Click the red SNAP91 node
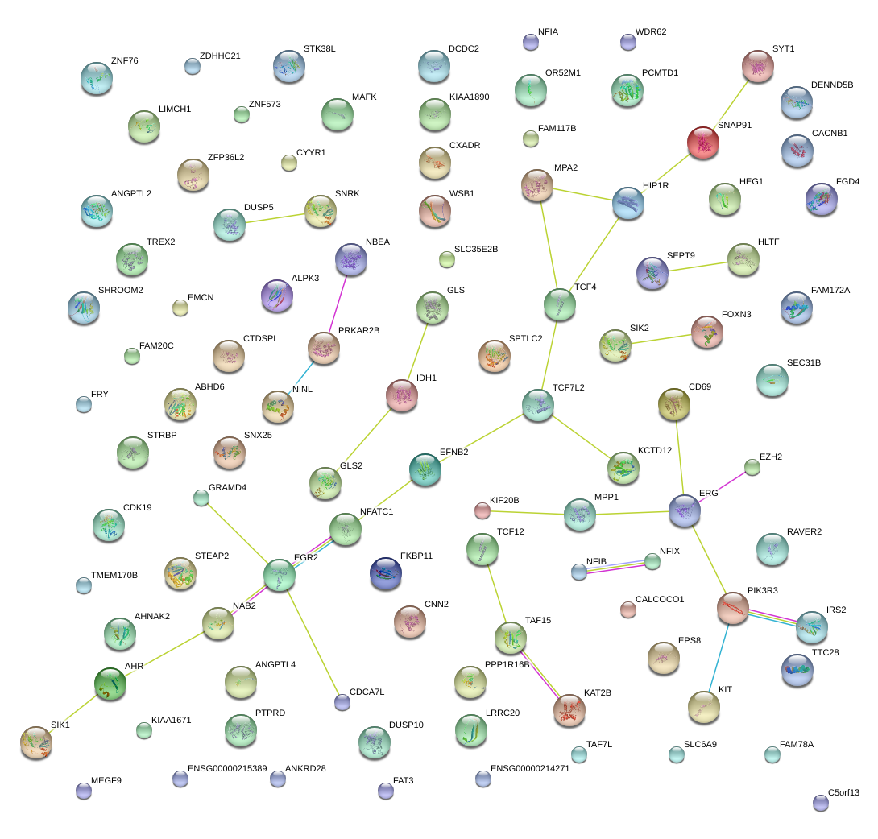point(703,143)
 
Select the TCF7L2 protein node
point(537,406)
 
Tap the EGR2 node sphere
point(280,576)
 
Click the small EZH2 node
point(752,467)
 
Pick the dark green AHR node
point(111,684)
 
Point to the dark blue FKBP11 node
point(386,572)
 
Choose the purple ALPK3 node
point(277,296)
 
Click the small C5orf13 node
point(821,803)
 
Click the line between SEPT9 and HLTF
point(698,267)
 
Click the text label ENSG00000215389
point(227,769)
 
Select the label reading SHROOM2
point(121,291)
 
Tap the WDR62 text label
point(651,32)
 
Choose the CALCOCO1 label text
point(660,600)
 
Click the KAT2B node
point(569,709)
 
